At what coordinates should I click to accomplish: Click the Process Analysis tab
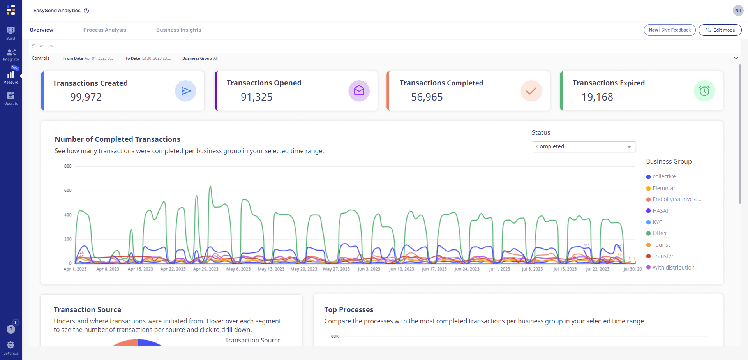[104, 30]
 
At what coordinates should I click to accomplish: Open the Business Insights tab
[178, 30]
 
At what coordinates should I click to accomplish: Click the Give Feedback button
[669, 30]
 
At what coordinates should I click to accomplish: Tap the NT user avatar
[738, 11]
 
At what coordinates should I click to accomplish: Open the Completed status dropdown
[584, 147]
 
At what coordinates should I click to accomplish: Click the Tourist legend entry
[661, 245]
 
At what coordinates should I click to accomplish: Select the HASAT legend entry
[660, 211]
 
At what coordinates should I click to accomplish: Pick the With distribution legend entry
[673, 268]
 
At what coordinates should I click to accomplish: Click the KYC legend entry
[657, 222]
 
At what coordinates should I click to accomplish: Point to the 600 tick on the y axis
[68, 191]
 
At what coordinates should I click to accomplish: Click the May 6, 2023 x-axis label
[238, 269]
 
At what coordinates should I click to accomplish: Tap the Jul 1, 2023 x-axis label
[499, 269]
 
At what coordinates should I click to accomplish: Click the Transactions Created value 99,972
[86, 97]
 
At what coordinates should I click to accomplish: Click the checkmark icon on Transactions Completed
[531, 91]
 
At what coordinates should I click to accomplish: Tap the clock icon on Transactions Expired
[704, 91]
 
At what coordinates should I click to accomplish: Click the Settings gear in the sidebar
[11, 345]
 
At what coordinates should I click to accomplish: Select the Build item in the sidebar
[11, 33]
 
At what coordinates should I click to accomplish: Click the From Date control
[88, 58]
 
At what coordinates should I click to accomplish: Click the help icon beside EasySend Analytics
[86, 11]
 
